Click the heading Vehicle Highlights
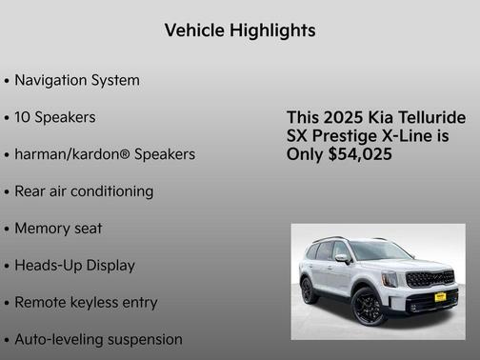pos(240,30)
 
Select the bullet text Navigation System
pos(76,80)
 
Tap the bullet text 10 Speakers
pos(54,117)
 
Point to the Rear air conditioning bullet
pos(84,191)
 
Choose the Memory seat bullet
pos(58,229)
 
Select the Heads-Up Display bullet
pos(74,266)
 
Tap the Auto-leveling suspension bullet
pos(98,339)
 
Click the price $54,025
pos(358,154)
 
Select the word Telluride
pos(432,118)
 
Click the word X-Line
pos(413,136)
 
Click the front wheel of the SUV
pos(367,307)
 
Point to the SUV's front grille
pos(430,280)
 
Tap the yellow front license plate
pos(440,297)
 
